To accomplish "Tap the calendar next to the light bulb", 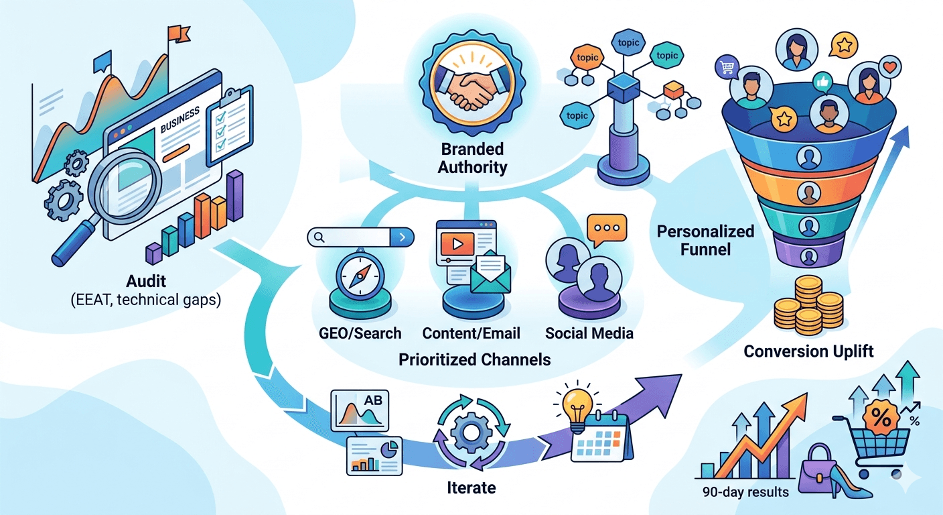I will [600, 439].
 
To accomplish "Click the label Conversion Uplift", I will [808, 351].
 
